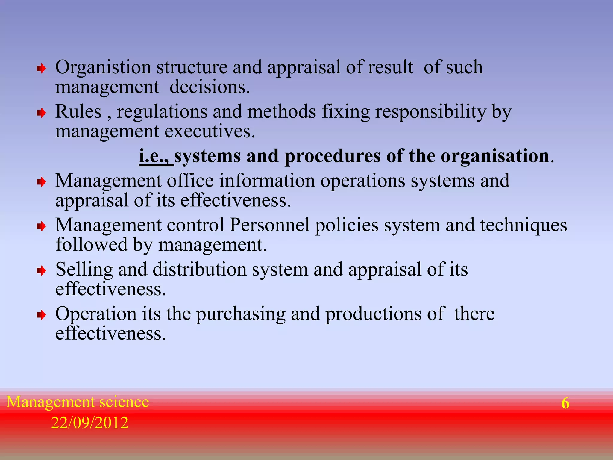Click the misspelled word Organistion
click(x=103, y=67)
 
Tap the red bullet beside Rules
click(x=41, y=113)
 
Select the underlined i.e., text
click(x=156, y=156)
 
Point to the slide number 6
click(x=565, y=403)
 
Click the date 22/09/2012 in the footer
click(x=89, y=423)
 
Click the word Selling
click(x=84, y=270)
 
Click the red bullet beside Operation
click(x=41, y=315)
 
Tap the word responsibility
click(x=431, y=112)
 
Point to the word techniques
click(x=524, y=226)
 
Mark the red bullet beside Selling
click(x=41, y=271)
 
